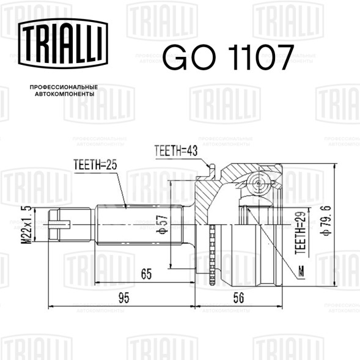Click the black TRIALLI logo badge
[63, 43]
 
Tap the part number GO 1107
[229, 57]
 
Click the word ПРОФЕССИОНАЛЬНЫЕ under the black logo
[64, 87]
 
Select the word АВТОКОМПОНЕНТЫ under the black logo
[65, 94]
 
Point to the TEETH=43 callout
[176, 151]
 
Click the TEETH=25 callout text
[95, 164]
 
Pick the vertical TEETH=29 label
[301, 233]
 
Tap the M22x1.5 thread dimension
[26, 224]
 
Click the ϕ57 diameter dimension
[162, 224]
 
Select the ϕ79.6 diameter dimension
[327, 221]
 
